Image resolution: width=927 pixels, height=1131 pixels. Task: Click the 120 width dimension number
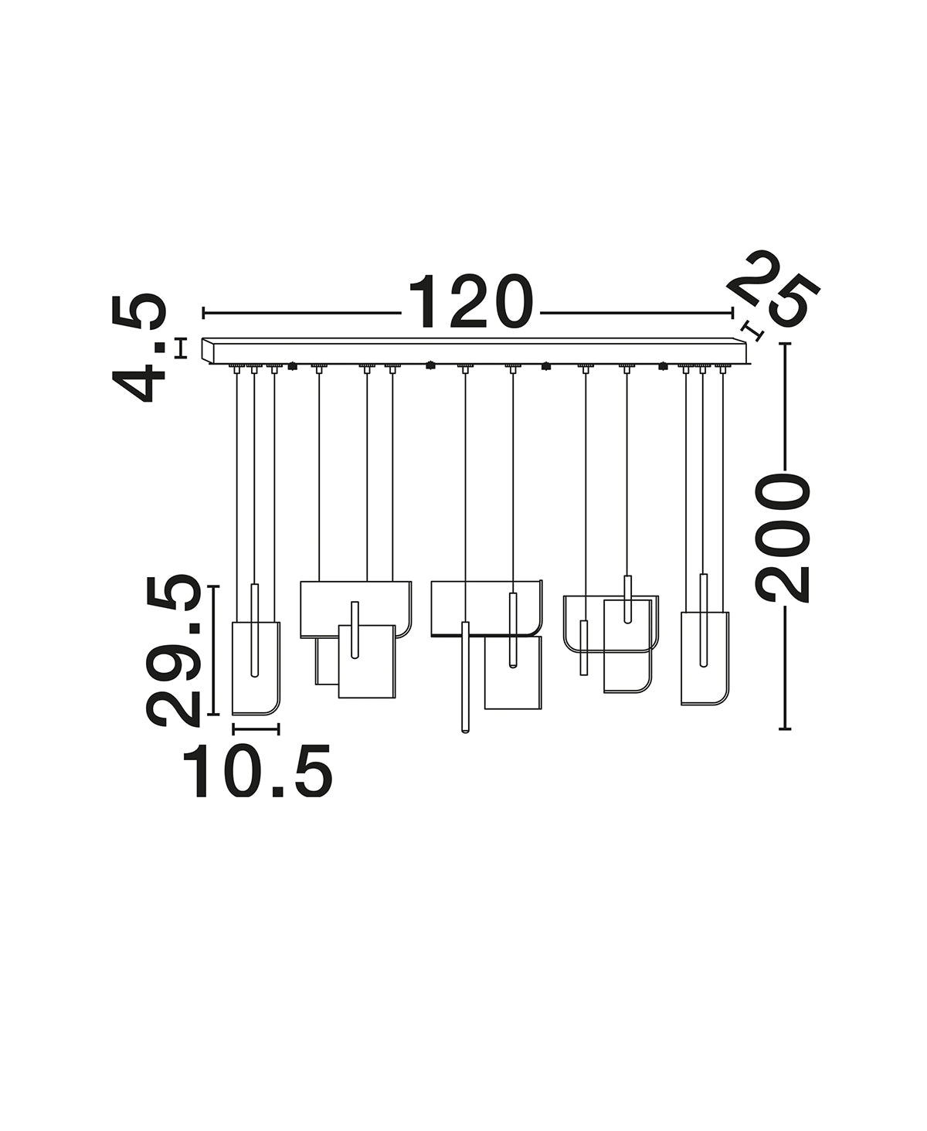[x=471, y=302]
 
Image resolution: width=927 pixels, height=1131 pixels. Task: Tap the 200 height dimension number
[x=783, y=538]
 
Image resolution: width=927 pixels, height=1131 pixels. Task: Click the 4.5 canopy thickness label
[x=138, y=348]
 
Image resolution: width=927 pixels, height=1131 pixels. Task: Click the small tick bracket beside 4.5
[x=182, y=348]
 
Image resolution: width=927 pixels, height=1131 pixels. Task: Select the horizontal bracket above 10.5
[x=256, y=729]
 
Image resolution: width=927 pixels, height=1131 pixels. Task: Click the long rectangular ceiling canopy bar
[x=474, y=350]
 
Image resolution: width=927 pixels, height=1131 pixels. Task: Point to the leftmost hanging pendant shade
[x=256, y=667]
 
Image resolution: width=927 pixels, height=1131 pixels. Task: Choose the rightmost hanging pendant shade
[x=705, y=658]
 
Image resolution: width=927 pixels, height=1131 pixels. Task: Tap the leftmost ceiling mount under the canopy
[x=236, y=369]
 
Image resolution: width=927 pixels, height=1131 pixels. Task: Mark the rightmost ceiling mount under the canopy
[x=723, y=369]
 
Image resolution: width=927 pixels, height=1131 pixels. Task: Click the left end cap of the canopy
[x=208, y=350]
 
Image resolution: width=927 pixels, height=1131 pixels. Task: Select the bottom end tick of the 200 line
[x=785, y=729]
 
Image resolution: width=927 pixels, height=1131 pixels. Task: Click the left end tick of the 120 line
[x=203, y=313]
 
